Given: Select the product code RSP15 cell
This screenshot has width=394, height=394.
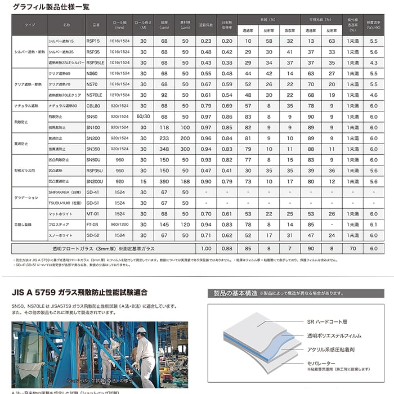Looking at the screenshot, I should (x=94, y=41).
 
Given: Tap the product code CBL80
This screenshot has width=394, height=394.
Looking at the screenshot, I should (x=94, y=105).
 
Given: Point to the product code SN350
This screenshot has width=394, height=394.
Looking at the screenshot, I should (x=94, y=149).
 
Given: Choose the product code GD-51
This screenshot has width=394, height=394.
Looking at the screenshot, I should (x=94, y=203).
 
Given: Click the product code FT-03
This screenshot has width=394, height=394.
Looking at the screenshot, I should (x=94, y=224).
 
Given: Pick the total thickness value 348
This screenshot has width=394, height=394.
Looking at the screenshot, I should (x=164, y=149).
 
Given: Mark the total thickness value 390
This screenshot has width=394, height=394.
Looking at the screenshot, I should (x=164, y=181).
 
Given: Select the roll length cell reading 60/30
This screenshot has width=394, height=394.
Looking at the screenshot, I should (x=143, y=116).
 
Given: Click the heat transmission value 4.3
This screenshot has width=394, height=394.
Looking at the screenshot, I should (x=374, y=62).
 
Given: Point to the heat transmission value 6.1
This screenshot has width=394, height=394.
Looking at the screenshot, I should (x=374, y=224).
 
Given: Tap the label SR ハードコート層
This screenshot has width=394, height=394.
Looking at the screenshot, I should (x=327, y=322).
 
